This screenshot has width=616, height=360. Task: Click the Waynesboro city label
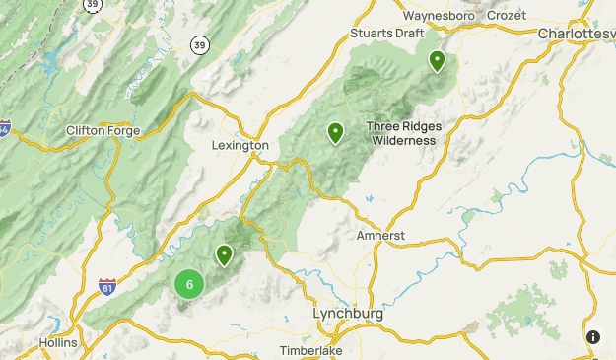click(x=439, y=16)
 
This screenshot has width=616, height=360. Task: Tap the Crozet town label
click(x=507, y=16)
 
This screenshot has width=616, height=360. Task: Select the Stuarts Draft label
click(x=385, y=34)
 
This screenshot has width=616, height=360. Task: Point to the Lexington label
click(x=240, y=145)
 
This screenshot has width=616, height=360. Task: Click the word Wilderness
click(x=403, y=140)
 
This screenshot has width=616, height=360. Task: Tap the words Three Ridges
click(x=403, y=126)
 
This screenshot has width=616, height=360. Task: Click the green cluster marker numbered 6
click(x=189, y=285)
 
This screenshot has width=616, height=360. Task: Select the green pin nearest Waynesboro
click(x=436, y=61)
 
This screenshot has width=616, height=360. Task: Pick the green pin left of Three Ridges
click(x=335, y=131)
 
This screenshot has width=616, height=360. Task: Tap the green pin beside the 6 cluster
click(x=225, y=254)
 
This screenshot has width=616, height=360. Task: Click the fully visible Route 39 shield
click(x=200, y=44)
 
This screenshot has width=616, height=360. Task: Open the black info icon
click(x=592, y=337)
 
